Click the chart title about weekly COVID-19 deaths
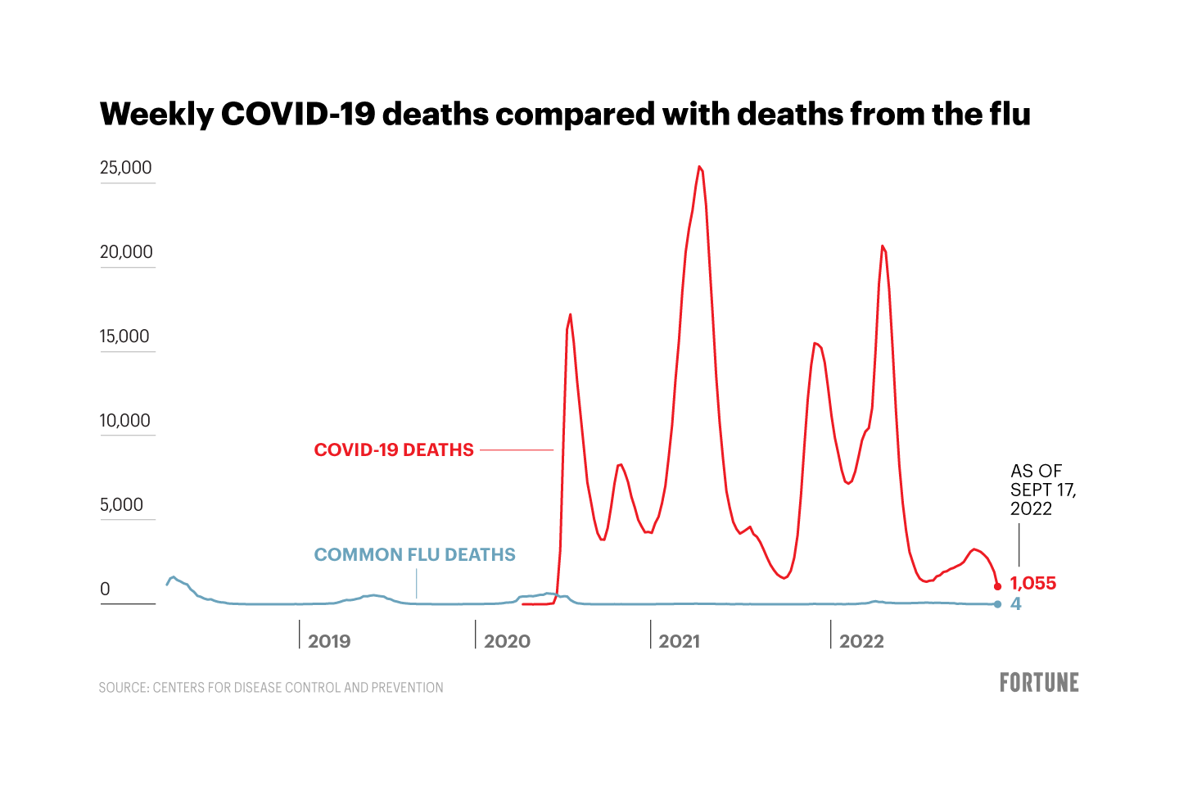pos(565,114)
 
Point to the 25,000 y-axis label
pos(126,168)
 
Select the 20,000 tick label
pos(126,252)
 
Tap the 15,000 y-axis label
pos(124,337)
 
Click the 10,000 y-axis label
pos(125,421)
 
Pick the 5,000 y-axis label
pos(121,505)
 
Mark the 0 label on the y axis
pos(105,589)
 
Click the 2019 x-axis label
pos(329,641)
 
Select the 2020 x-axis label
pos(507,641)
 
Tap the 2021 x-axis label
pos(680,641)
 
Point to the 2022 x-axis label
pos(861,641)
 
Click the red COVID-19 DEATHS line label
pos(394,449)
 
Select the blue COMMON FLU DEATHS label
pos(415,554)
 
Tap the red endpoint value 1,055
pos(1033,583)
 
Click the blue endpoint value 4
pos(1016,604)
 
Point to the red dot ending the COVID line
pos(997,586)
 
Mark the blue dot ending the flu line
pos(997,604)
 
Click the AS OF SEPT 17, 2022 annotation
pos(1042,490)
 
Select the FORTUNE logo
pos(1039,682)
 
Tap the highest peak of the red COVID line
pos(699,167)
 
